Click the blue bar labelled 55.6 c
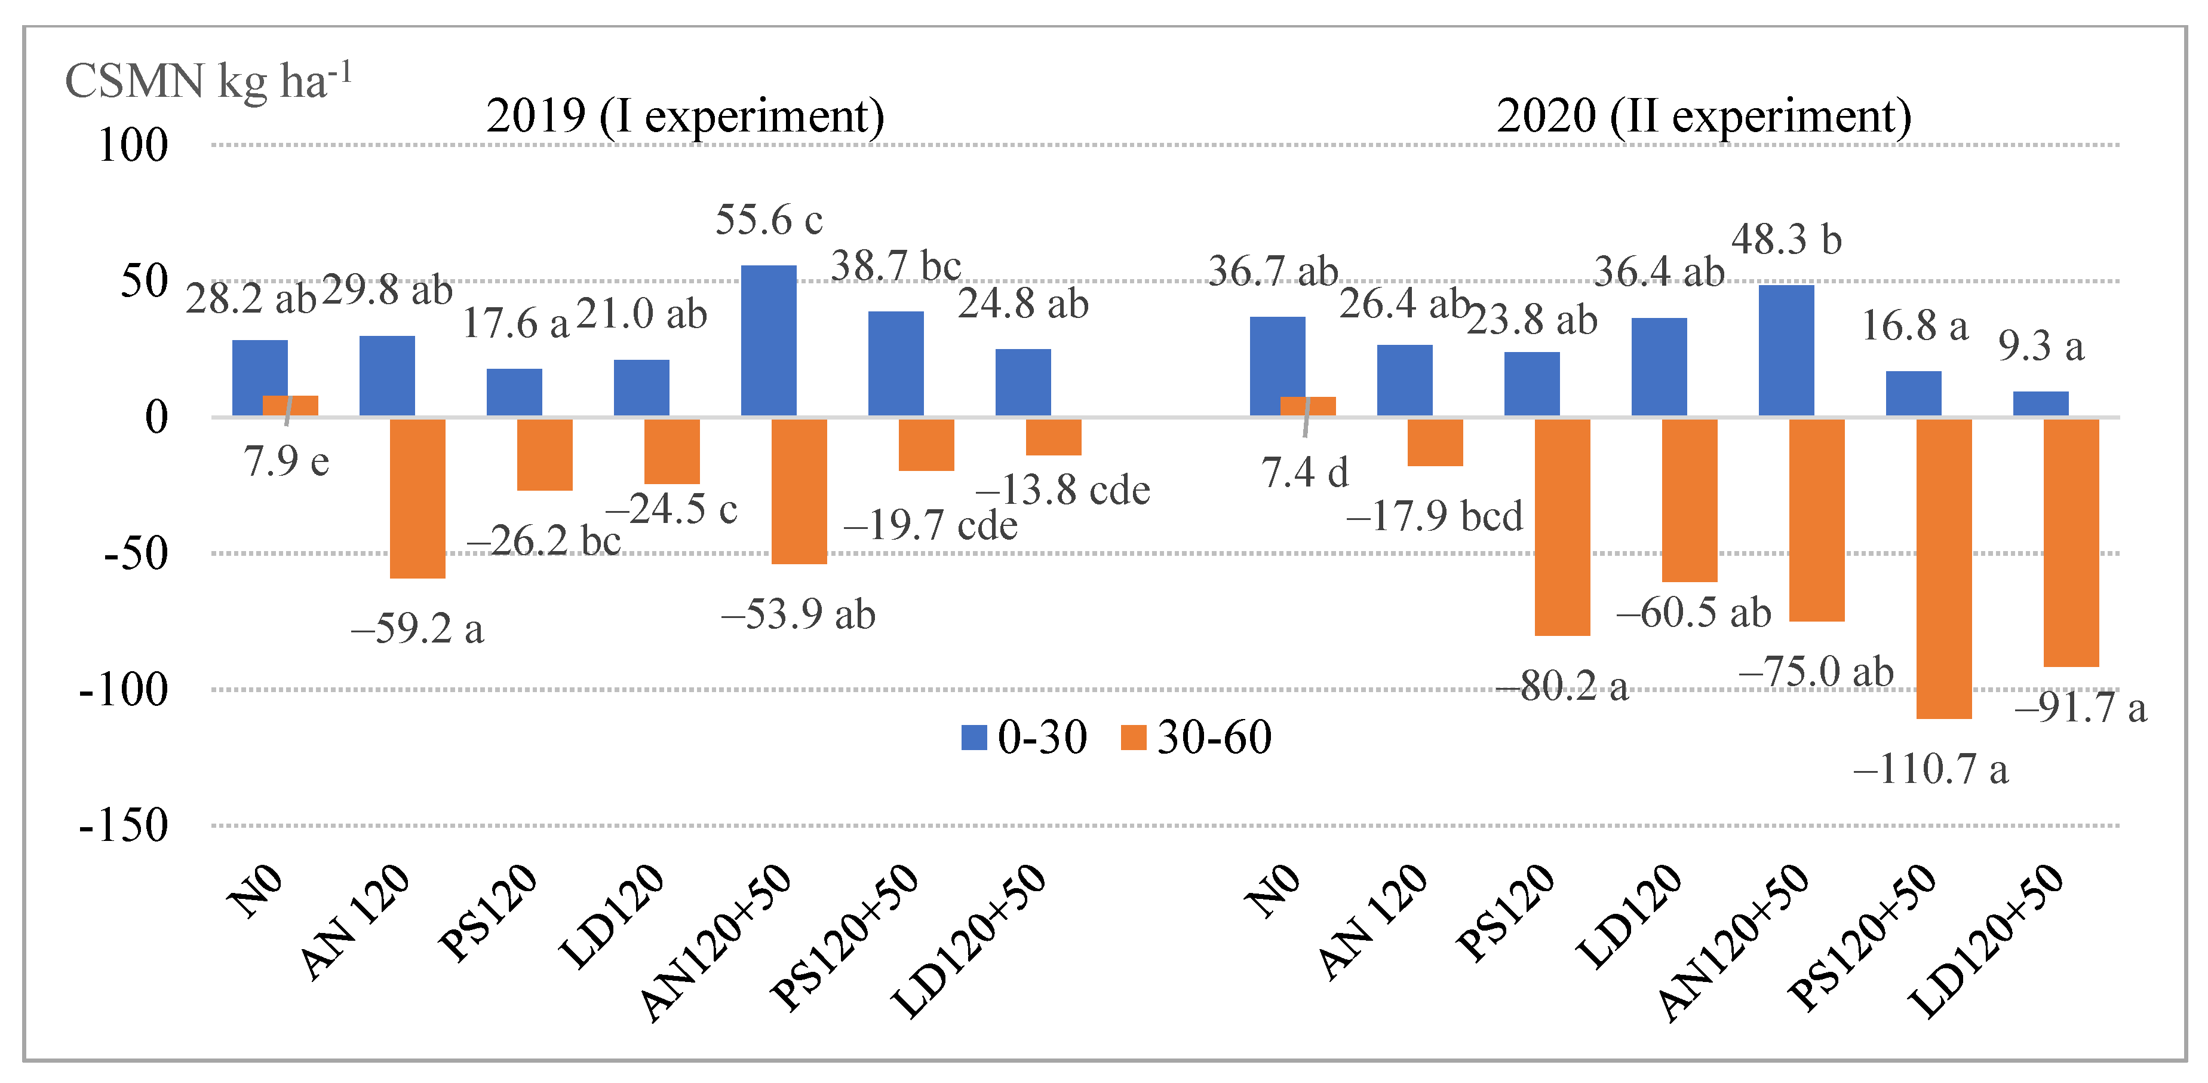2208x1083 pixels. pyautogui.click(x=768, y=341)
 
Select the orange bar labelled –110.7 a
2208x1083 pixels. pyautogui.click(x=1943, y=568)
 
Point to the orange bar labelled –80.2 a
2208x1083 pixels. pyautogui.click(x=1562, y=527)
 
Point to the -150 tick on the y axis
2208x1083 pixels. pyautogui.click(x=124, y=826)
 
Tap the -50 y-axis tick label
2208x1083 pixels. pyautogui.click(x=136, y=553)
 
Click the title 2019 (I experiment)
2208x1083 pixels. pyautogui.click(x=685, y=116)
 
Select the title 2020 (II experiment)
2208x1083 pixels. pyautogui.click(x=1703, y=116)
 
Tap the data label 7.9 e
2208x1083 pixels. pyautogui.click(x=286, y=462)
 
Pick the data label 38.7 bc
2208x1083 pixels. pyautogui.click(x=896, y=266)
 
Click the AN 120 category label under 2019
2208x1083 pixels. pyautogui.click(x=356, y=921)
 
